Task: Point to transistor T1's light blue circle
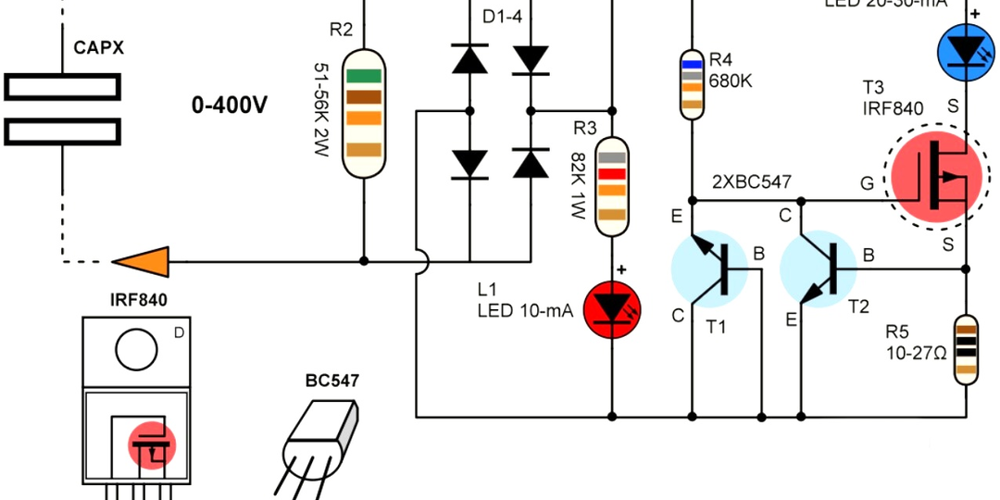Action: pos(709,269)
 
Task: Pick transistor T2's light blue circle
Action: pos(819,269)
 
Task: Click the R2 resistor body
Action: pos(364,113)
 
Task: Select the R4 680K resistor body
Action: pos(691,83)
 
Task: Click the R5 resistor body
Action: pos(966,349)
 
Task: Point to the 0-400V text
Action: pos(230,106)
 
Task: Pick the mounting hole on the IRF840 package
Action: pos(137,350)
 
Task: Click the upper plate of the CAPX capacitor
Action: pos(62,87)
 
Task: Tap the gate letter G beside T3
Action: pos(867,183)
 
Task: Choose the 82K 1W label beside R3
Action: pos(579,185)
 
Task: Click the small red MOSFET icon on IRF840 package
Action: pos(151,445)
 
